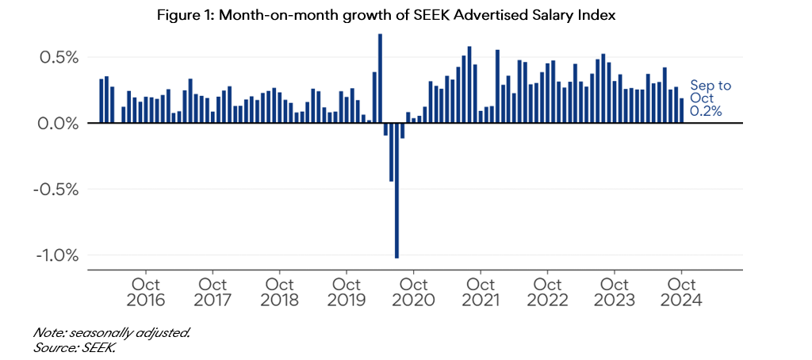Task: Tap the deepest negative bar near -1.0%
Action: pos(396,190)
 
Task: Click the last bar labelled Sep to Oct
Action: pos(681,110)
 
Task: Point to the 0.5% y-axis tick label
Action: pos(56,58)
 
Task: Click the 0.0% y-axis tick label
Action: pos(56,124)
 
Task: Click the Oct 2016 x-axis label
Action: pos(146,292)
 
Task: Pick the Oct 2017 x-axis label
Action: pos(213,292)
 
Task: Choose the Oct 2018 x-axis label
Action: pos(280,292)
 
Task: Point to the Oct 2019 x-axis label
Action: pos(347,292)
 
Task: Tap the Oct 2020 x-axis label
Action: pos(414,292)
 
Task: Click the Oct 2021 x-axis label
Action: pos(481,292)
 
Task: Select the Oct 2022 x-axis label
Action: pos(548,292)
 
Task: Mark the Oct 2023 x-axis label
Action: pos(615,292)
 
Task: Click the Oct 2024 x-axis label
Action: pos(682,292)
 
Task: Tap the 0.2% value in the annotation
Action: pos(706,112)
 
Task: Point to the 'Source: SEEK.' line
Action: pos(75,347)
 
